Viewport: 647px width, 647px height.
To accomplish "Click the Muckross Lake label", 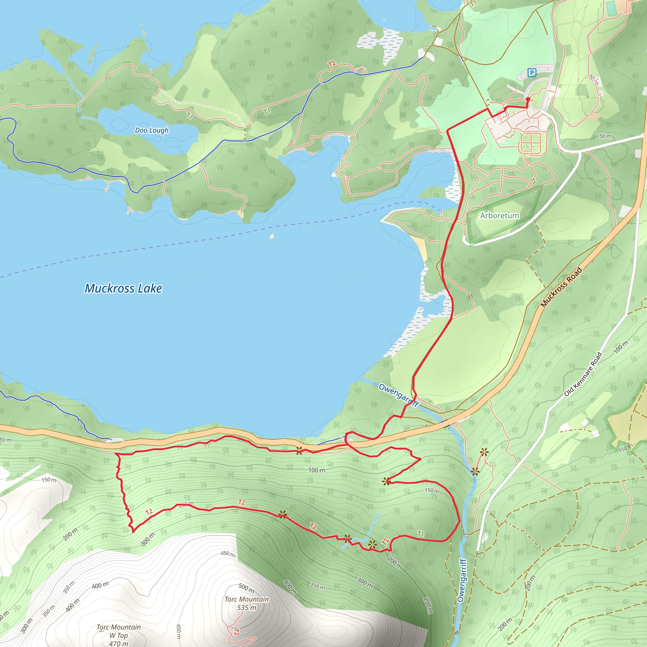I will [123, 288].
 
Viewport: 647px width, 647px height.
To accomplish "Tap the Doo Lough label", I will [152, 130].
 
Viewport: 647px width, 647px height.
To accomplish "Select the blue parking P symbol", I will [531, 72].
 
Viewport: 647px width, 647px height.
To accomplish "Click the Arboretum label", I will [499, 216].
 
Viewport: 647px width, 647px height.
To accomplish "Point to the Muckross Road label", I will [561, 287].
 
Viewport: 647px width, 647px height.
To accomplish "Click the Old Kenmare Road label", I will [583, 374].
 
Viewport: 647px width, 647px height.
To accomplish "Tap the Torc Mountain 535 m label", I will [247, 603].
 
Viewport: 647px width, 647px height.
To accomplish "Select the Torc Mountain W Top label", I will [118, 635].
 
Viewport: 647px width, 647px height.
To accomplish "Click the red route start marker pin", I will [528, 100].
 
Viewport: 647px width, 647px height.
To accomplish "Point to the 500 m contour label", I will [246, 587].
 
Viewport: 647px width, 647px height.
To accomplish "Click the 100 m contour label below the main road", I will [317, 470].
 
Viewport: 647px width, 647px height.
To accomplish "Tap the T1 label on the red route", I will [420, 534].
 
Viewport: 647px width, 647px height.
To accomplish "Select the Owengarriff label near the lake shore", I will [398, 395].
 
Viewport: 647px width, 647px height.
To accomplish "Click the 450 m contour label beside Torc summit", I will [228, 553].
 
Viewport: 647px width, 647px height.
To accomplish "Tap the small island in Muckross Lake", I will [272, 236].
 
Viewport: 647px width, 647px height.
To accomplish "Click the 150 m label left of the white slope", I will [49, 480].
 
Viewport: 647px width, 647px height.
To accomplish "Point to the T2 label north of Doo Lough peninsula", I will [331, 64].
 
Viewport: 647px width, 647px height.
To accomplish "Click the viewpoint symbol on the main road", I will [299, 451].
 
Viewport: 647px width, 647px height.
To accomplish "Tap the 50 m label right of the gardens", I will [606, 136].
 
